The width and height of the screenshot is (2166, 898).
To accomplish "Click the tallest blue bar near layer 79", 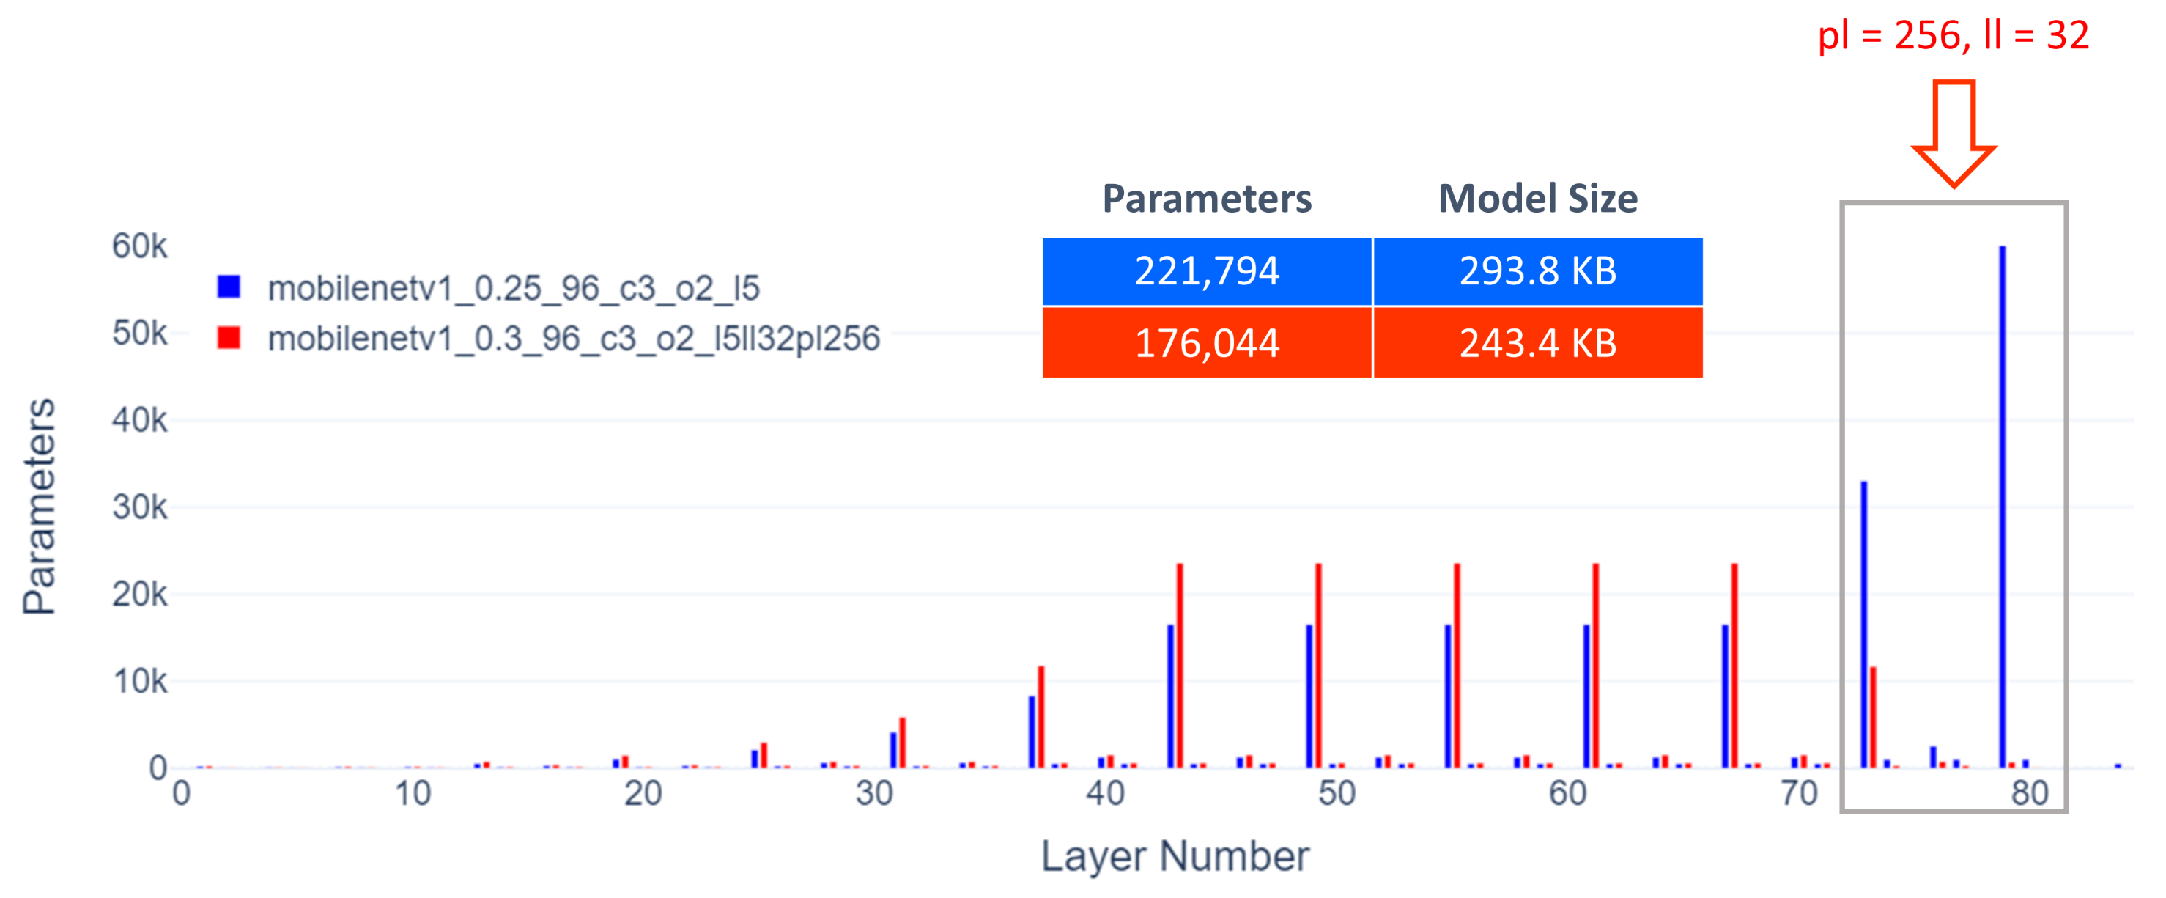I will [x=2002, y=504].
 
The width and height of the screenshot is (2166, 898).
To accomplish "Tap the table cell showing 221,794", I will [x=1207, y=271].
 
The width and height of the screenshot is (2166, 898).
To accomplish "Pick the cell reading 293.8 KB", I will [x=1537, y=271].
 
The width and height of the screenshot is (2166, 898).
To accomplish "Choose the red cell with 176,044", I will [x=1207, y=343].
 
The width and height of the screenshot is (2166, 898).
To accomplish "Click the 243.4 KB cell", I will [x=1537, y=343].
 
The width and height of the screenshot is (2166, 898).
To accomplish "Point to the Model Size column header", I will [x=1537, y=199].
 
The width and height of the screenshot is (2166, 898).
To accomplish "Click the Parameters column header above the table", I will [x=1207, y=199].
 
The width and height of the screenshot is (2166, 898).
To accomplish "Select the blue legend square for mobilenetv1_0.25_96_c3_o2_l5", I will [x=229, y=287].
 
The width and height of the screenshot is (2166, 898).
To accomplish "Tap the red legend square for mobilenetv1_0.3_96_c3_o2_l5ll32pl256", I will [x=229, y=338].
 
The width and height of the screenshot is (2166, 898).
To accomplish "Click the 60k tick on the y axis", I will [x=139, y=246].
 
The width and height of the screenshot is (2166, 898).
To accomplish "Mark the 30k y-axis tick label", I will [x=139, y=507].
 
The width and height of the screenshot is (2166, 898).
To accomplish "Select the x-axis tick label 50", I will [x=1336, y=794].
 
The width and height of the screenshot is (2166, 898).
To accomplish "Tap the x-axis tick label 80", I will [x=2029, y=794].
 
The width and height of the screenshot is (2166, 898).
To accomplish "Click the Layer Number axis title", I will [x=1175, y=857].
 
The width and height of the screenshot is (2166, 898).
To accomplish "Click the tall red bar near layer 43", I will [x=1180, y=665].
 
